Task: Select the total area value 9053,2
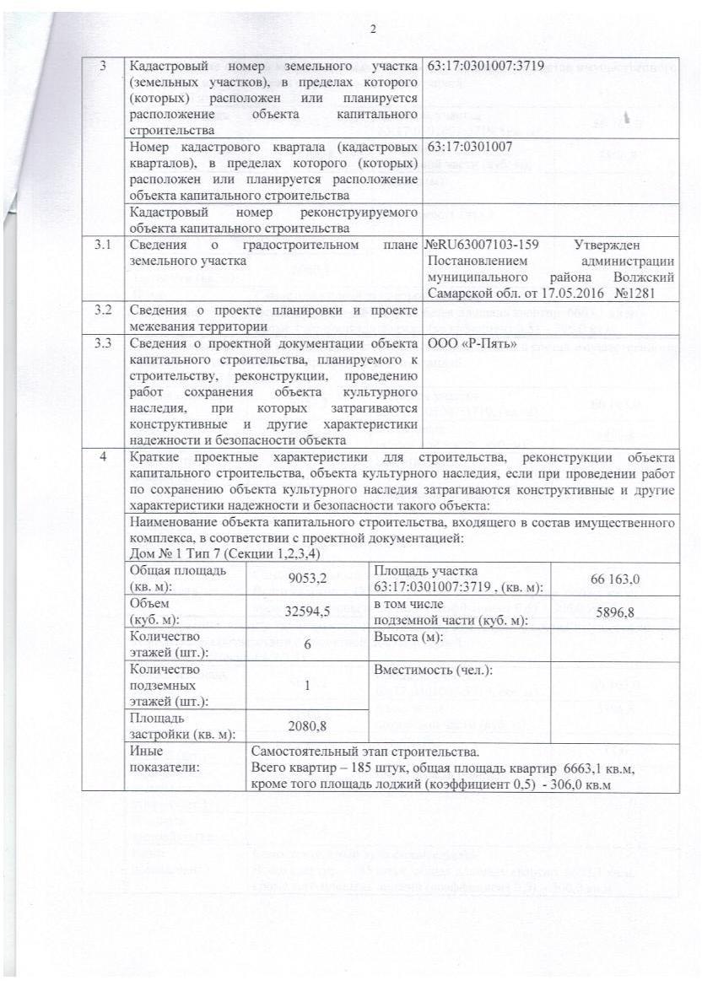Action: [306, 579]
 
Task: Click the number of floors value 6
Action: [306, 644]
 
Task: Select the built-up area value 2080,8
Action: [306, 725]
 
